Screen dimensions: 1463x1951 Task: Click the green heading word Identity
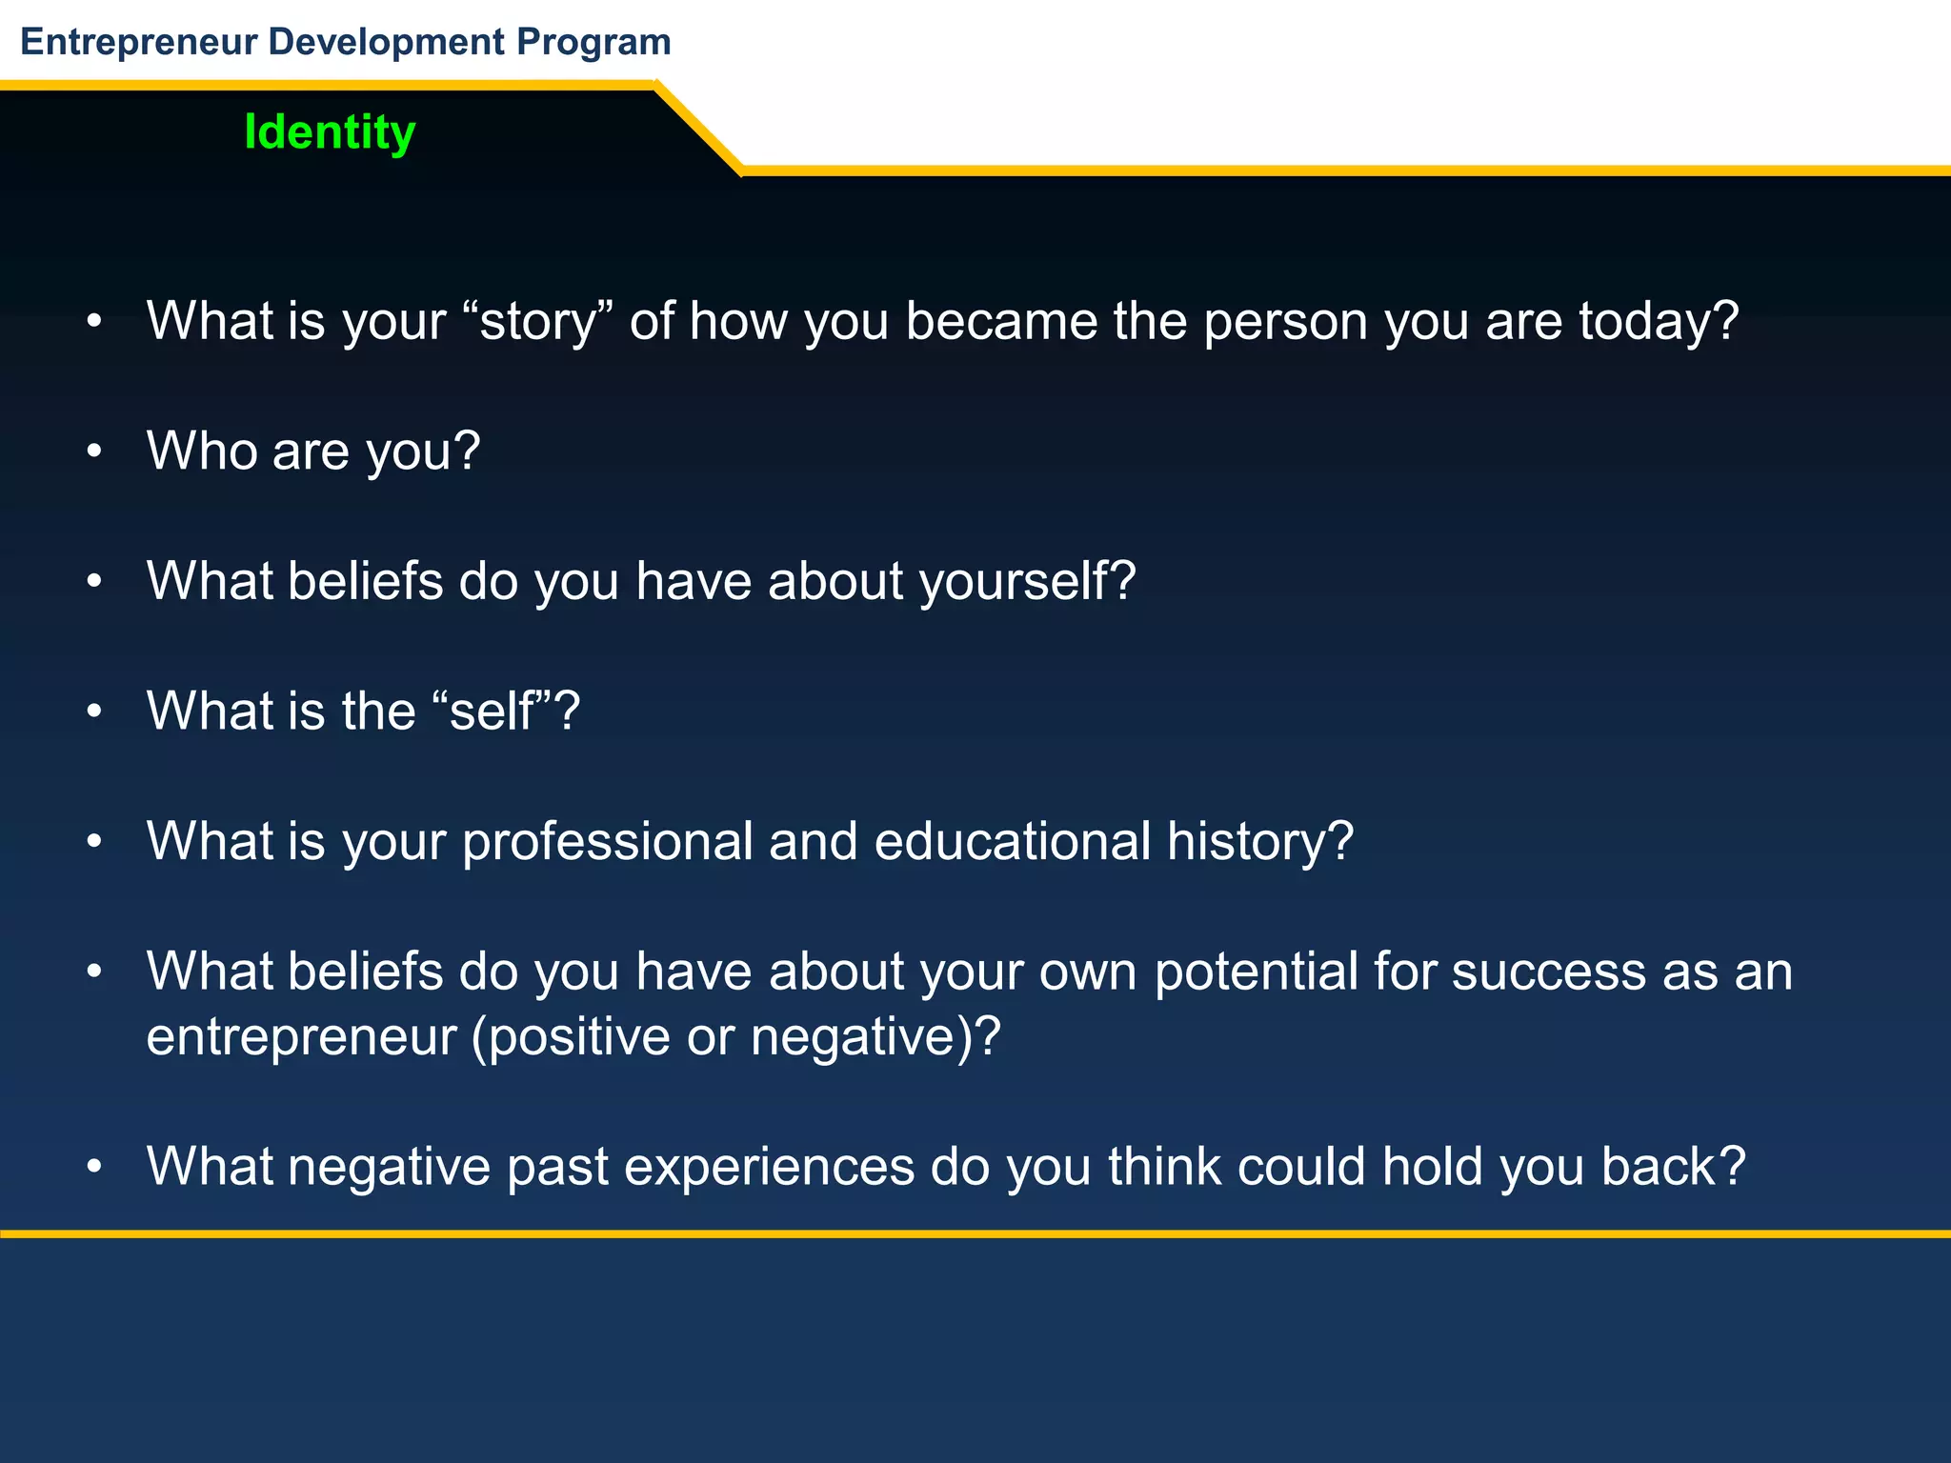[330, 132]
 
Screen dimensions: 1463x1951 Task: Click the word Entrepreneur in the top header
[139, 42]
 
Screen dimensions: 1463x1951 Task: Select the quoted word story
[545, 322]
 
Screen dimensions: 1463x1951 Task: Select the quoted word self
[492, 711]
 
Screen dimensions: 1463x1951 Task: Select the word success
[1549, 972]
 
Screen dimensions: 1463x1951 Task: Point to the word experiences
[769, 1168]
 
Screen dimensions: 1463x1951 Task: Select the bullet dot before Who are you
[93, 451]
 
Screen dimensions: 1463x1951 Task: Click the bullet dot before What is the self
[93, 712]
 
